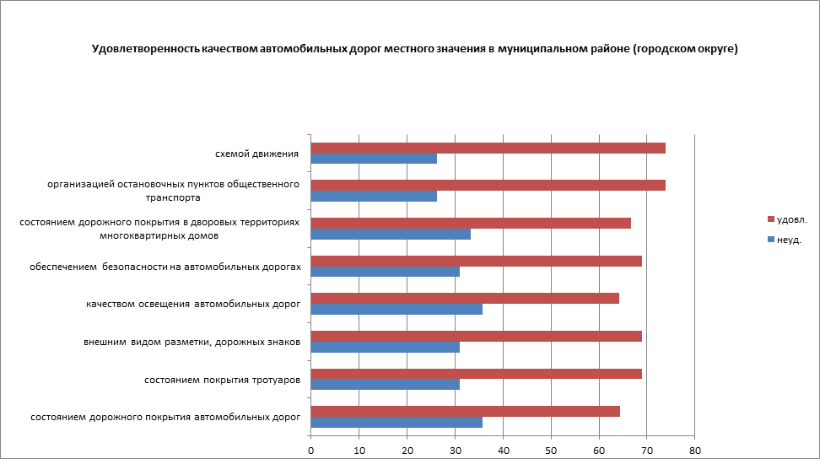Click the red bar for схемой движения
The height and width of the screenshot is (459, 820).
coord(488,148)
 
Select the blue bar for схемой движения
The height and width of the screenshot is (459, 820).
coord(374,159)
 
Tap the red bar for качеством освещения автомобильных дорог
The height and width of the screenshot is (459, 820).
coord(465,298)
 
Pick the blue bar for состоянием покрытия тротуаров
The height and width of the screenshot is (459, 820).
coord(386,384)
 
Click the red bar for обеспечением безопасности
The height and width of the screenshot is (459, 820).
coord(477,261)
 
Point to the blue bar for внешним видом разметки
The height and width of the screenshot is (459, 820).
coord(386,347)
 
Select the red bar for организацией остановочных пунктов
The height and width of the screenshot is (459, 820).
coord(488,186)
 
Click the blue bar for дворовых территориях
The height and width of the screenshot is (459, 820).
coord(391,234)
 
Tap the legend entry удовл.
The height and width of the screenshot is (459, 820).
coord(792,219)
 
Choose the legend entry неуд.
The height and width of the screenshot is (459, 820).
coord(790,240)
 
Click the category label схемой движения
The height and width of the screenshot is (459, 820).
coord(257,154)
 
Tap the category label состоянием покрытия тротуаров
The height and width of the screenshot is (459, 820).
coord(223,380)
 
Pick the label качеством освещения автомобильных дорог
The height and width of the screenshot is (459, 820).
coord(193,304)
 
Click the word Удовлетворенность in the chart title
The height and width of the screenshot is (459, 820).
coord(145,50)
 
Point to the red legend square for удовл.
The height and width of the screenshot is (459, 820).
coord(769,219)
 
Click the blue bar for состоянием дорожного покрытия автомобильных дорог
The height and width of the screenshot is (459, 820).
coord(397,422)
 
